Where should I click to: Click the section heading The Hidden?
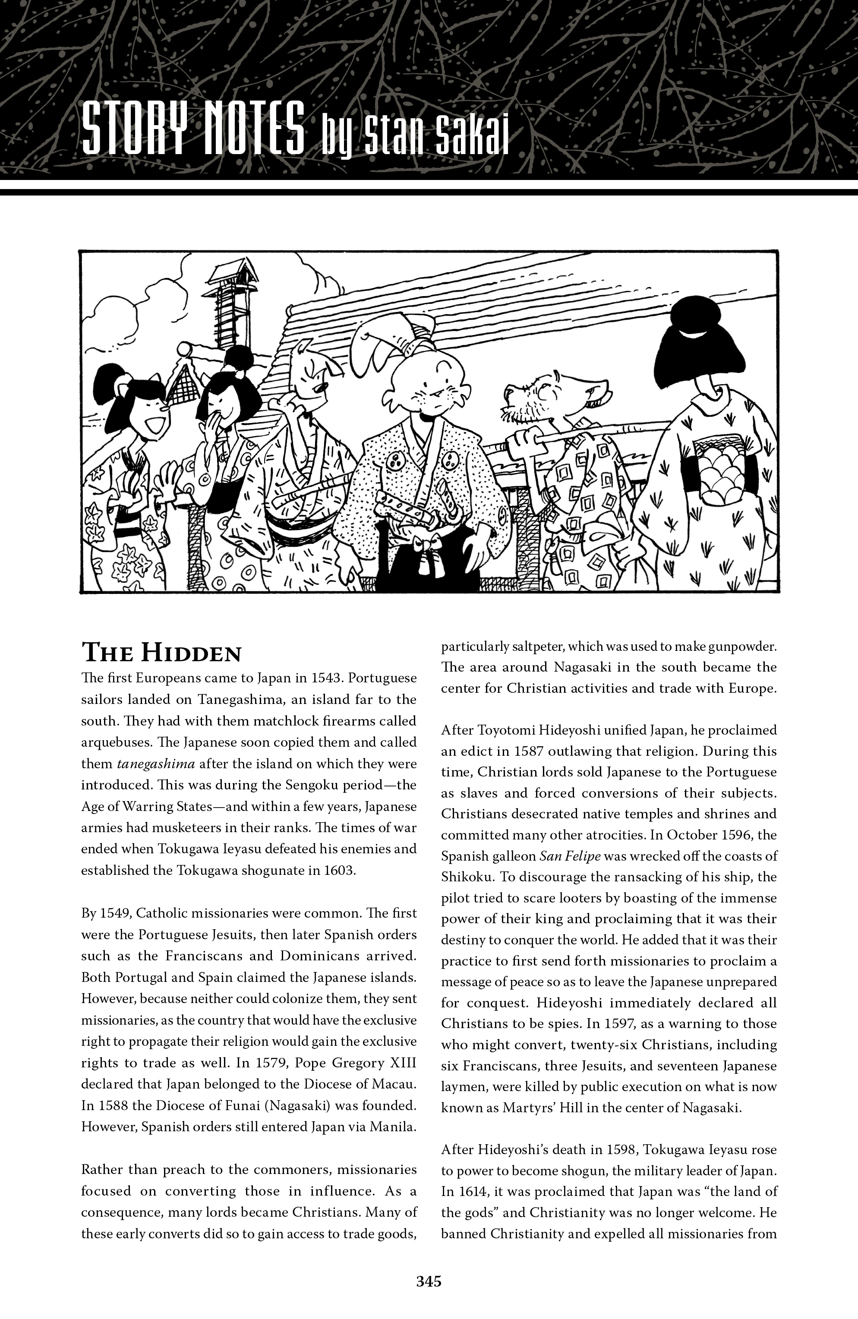(161, 653)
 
